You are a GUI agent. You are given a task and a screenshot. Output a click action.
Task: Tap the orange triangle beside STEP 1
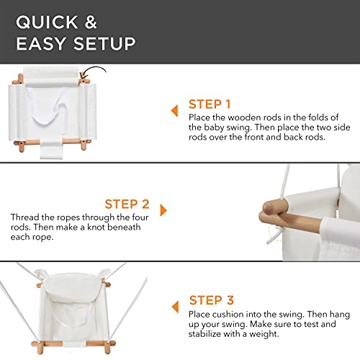point(174,110)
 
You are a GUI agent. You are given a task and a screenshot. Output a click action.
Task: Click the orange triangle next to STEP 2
point(164,210)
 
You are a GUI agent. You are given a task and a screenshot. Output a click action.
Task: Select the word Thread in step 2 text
point(25,217)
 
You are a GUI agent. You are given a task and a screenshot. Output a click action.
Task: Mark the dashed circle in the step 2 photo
point(276,231)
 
